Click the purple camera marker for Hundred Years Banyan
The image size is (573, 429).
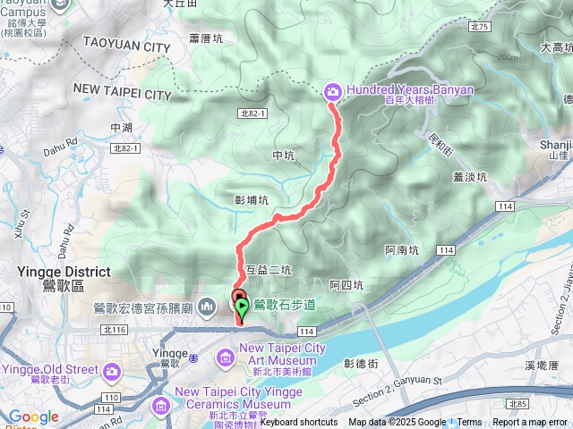pos(332,90)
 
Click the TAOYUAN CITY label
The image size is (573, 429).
pos(125,44)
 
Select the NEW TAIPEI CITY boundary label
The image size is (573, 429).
pos(121,93)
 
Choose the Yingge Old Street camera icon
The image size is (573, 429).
pos(111,369)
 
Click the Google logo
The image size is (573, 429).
pos(33,416)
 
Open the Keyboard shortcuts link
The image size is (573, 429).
pos(299,423)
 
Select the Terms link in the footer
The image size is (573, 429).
pos(469,423)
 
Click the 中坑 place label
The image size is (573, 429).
pos(282,156)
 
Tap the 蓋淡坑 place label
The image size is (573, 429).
pos(469,177)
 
